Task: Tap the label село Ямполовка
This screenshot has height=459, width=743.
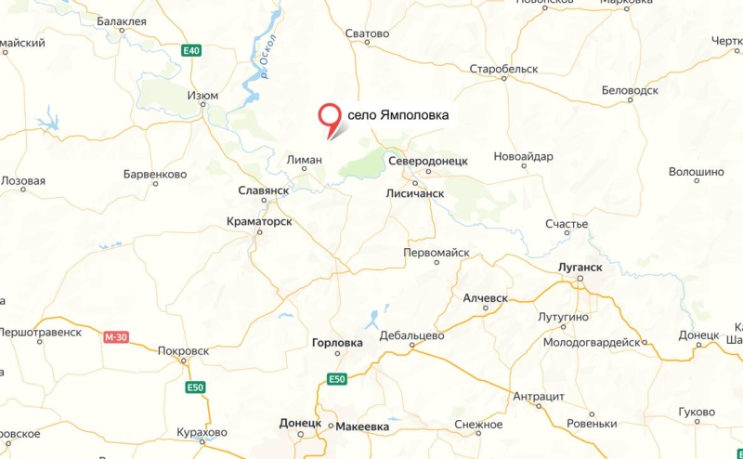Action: (x=398, y=115)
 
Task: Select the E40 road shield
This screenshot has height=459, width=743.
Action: (x=191, y=50)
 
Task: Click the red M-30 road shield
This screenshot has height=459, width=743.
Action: (x=115, y=337)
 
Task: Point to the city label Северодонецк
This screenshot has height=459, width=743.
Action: (x=428, y=161)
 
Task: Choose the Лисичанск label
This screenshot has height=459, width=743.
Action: (x=415, y=193)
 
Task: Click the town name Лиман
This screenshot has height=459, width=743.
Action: (x=305, y=160)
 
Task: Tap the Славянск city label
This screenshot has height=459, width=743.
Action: (x=264, y=190)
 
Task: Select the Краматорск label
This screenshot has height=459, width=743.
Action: (x=260, y=222)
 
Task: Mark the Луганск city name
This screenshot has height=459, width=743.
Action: (x=580, y=267)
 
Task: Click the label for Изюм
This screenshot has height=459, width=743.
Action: (x=202, y=96)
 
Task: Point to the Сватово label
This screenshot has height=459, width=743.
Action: (x=367, y=34)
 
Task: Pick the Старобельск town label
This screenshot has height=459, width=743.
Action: (x=504, y=70)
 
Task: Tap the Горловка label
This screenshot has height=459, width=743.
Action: (x=338, y=343)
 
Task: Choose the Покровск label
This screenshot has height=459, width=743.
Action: (x=184, y=351)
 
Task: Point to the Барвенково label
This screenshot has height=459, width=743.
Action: (x=155, y=174)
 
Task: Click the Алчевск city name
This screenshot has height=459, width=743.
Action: (x=486, y=297)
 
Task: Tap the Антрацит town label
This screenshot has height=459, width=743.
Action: (x=539, y=396)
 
